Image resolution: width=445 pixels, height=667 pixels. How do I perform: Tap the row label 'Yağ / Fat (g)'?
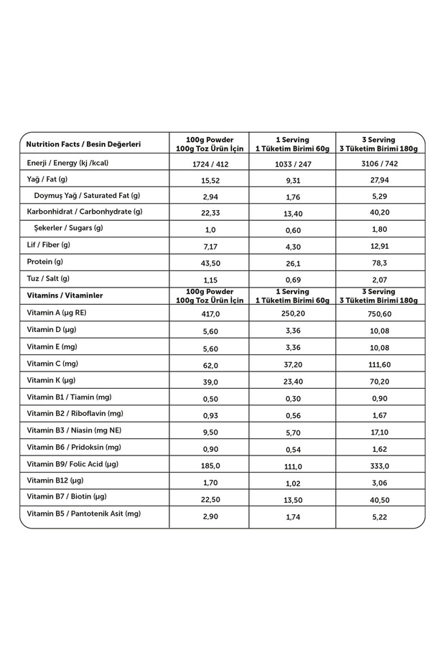click(47, 179)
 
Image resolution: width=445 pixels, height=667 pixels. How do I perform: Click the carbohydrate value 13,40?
click(291, 213)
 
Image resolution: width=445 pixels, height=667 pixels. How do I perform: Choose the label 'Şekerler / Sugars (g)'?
click(68, 228)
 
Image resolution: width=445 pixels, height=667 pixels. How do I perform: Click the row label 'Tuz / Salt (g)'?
click(48, 278)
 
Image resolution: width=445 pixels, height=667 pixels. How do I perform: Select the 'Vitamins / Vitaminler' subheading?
click(65, 295)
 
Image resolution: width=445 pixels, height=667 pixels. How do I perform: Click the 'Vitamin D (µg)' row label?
click(52, 329)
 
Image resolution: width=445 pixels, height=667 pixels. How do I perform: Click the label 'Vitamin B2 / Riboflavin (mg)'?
click(75, 413)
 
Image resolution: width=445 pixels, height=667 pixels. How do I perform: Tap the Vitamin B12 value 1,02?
click(291, 483)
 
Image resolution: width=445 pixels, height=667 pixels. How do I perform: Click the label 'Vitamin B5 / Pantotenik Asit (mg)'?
click(84, 514)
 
